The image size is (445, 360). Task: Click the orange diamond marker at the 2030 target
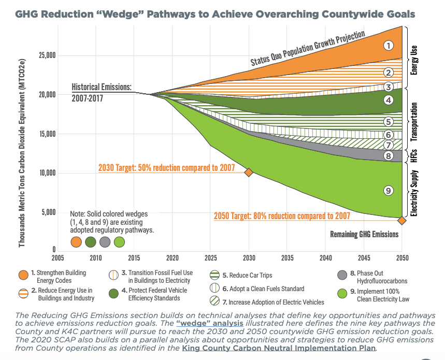(x=249, y=172)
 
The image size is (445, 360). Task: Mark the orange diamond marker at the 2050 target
(x=401, y=221)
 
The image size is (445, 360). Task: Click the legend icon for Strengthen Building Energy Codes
(x=23, y=276)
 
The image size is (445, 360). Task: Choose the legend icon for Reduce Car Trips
(x=215, y=276)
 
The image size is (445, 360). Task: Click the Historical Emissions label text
(x=102, y=87)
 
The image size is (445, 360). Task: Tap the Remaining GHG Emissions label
(x=364, y=234)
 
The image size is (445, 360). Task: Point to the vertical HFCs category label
(x=414, y=155)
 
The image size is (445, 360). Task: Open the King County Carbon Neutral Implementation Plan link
(x=278, y=348)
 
